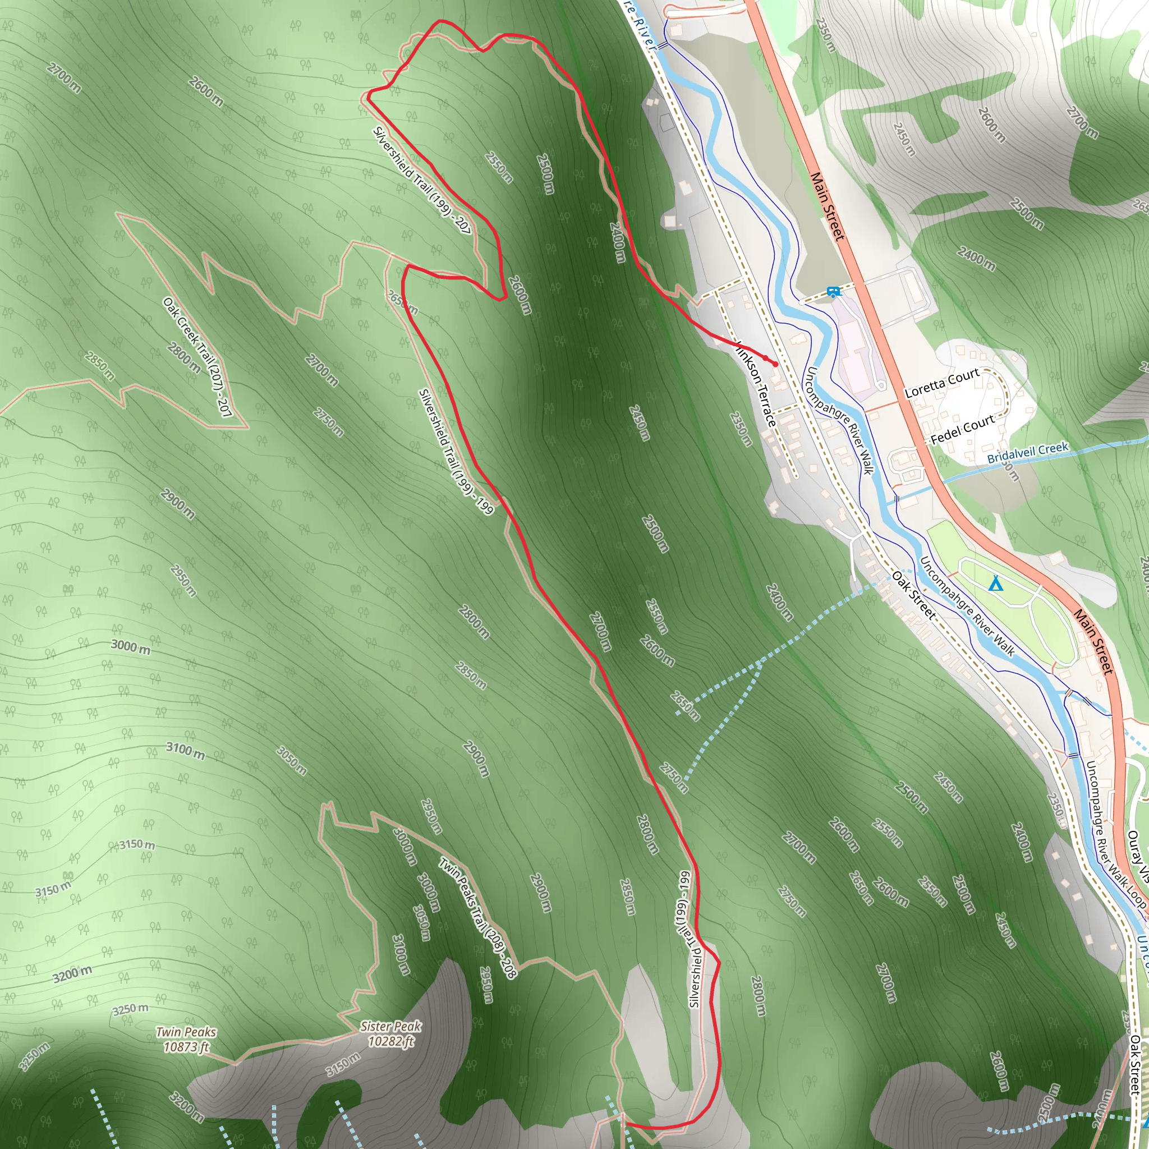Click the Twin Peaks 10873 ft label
[186, 1039]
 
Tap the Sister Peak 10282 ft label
[390, 1033]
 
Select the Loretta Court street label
[941, 384]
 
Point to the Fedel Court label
[962, 429]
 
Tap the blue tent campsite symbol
[995, 583]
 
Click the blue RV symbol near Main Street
[833, 291]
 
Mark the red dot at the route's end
[775, 364]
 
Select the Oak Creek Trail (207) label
[197, 357]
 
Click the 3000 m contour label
[131, 647]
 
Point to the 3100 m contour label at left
[185, 751]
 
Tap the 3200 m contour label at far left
[72, 974]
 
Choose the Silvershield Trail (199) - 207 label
[422, 180]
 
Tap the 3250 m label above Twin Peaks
[130, 1009]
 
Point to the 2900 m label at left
[177, 504]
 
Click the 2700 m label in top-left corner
[64, 78]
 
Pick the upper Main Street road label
[828, 206]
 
